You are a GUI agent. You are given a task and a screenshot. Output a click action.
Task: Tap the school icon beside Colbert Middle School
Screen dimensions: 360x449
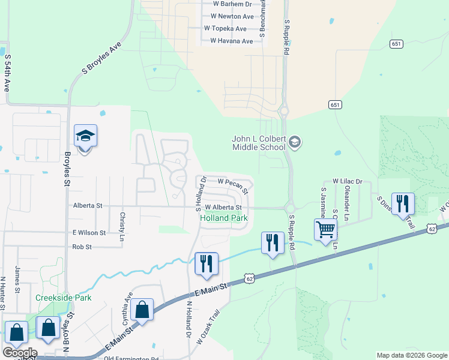pyautogui.click(x=294, y=142)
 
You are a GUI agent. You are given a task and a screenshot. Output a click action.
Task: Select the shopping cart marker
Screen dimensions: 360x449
pyautogui.click(x=325, y=229)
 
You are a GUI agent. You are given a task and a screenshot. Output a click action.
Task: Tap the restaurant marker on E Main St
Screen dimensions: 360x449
pyautogui.click(x=206, y=263)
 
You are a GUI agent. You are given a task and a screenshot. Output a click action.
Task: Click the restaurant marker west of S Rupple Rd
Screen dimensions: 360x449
pyautogui.click(x=273, y=243)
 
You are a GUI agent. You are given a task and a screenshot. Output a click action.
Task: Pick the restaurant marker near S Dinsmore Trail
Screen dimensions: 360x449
pyautogui.click(x=402, y=203)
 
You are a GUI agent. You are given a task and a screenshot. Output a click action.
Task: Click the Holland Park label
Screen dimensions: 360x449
pyautogui.click(x=223, y=218)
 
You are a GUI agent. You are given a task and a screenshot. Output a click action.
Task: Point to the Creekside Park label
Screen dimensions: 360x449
pyautogui.click(x=63, y=298)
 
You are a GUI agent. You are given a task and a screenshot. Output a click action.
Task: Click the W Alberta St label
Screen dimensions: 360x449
pyautogui.click(x=223, y=208)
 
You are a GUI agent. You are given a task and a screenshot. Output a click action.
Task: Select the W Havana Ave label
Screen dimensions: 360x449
pyautogui.click(x=231, y=41)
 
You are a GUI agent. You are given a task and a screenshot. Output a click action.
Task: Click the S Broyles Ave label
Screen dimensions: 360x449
pyautogui.click(x=102, y=59)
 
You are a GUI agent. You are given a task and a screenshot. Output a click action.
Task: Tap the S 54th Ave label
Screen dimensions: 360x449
pyautogui.click(x=8, y=73)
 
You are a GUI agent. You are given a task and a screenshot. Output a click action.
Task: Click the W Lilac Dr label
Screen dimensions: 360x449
pyautogui.click(x=348, y=181)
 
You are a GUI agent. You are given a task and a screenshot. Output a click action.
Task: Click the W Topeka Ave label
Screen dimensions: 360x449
pyautogui.click(x=225, y=28)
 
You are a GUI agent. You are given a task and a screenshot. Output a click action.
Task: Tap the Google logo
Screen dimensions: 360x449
pyautogui.click(x=19, y=352)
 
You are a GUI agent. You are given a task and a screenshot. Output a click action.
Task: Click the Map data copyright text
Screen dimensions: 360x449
pyautogui.click(x=412, y=355)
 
